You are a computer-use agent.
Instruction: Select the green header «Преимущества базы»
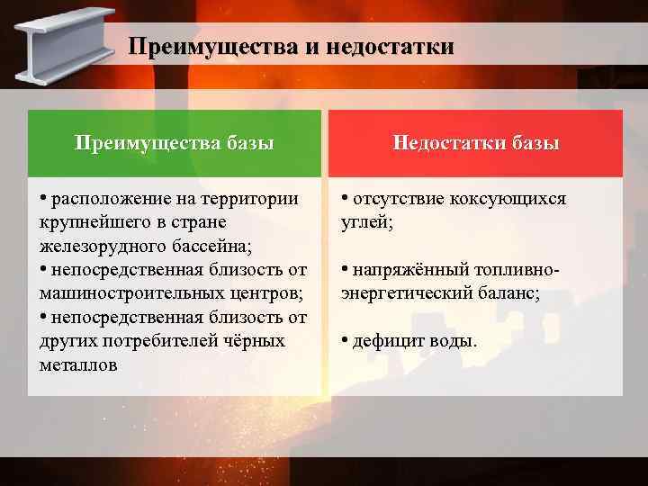[x=175, y=143]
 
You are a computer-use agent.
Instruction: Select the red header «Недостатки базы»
[x=476, y=143]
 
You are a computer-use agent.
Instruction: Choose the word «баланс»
[x=509, y=293]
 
